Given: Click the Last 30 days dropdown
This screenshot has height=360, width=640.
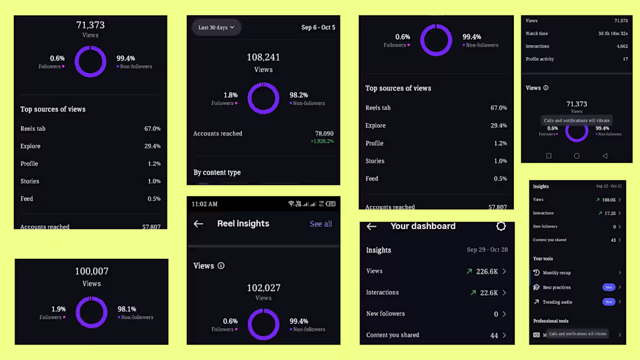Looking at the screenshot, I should [216, 27].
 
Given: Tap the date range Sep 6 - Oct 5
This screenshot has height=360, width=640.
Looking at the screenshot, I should [318, 27].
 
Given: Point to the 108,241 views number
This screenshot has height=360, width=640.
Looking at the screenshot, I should [263, 58].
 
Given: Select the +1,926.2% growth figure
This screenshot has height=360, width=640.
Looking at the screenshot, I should [322, 141].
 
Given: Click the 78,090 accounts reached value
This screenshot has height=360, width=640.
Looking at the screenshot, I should [324, 133].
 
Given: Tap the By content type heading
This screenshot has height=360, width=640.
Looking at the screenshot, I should [217, 172].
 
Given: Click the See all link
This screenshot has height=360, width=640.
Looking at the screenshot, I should [321, 224].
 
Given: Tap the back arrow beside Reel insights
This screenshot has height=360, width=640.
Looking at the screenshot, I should [198, 224].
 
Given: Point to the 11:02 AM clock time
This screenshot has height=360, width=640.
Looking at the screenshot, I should [204, 204].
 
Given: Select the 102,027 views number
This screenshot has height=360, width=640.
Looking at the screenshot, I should [263, 288].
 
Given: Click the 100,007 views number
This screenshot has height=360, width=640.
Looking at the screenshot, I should [91, 272].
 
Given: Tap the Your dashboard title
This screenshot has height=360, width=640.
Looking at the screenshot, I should [423, 226].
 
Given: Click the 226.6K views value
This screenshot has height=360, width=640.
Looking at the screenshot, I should [486, 272].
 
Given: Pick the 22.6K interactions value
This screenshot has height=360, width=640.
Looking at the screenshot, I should [489, 293].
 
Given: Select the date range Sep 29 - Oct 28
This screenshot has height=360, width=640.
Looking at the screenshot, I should [487, 250].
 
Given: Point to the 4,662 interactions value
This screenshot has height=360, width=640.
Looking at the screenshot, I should [622, 47].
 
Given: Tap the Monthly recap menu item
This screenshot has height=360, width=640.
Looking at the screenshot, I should [556, 273].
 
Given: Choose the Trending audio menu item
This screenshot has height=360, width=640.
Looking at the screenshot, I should [557, 302].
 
